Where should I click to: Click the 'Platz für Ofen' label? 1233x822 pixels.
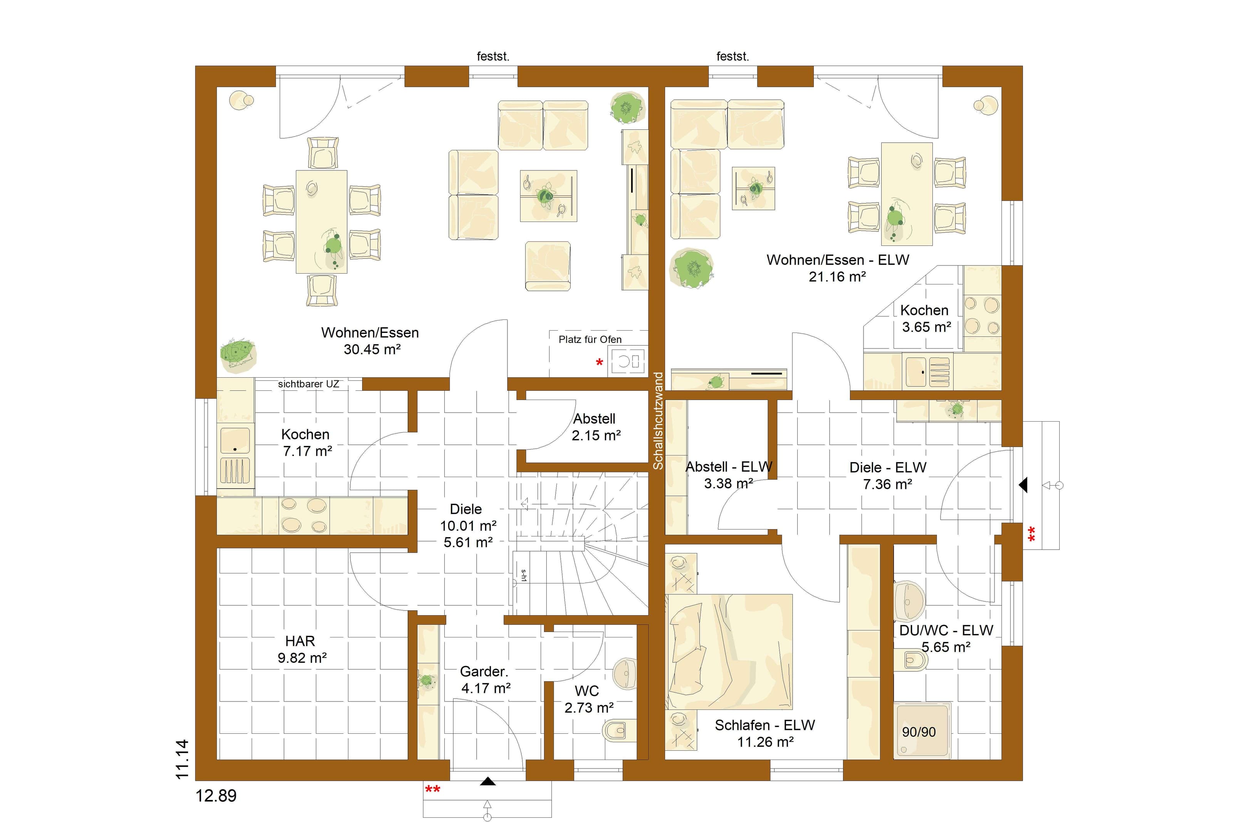click(x=590, y=340)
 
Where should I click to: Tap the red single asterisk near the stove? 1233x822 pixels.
click(x=600, y=362)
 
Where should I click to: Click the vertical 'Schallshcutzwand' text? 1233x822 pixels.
click(x=658, y=420)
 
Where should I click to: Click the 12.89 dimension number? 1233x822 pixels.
click(x=216, y=796)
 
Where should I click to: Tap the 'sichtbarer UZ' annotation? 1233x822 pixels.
click(x=308, y=384)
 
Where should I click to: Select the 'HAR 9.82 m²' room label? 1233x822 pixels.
click(x=301, y=649)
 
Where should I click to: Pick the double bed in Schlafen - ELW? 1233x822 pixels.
click(x=729, y=652)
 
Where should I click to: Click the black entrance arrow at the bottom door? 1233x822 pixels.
click(x=488, y=782)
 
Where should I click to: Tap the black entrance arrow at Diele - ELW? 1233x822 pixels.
click(x=1023, y=485)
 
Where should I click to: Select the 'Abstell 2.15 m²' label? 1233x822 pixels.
click(x=596, y=427)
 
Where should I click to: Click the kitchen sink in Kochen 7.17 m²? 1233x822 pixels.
click(x=235, y=440)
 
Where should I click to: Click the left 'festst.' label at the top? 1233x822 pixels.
click(x=492, y=57)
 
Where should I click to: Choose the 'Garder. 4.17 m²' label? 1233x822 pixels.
click(x=485, y=679)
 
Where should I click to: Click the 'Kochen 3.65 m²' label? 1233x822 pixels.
click(x=926, y=318)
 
